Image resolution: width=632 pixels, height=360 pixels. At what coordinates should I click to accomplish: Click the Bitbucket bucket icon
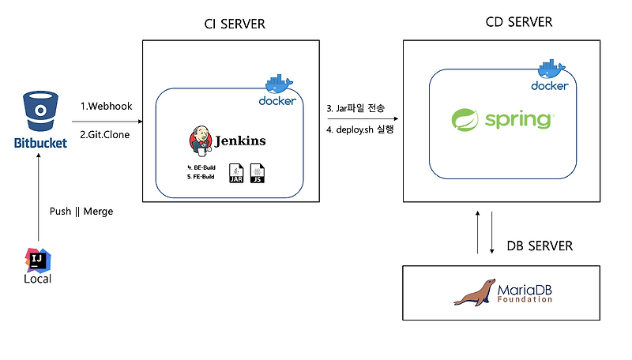pos(39,112)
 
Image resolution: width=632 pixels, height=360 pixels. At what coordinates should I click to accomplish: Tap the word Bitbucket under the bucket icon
pos(39,144)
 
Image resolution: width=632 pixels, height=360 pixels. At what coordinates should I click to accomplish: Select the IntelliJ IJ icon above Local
pos(38,260)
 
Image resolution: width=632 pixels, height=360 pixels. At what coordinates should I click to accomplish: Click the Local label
pos(38,279)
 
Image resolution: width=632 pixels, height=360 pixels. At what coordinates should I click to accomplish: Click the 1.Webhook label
pos(105,107)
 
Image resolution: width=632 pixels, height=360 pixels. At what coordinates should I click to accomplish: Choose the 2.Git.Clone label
pos(105,134)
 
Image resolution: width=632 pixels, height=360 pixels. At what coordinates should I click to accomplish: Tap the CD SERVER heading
pos(518,21)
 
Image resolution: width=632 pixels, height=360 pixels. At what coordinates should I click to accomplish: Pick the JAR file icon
pos(236,173)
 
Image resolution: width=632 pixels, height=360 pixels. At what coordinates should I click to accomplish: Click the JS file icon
pos(258,173)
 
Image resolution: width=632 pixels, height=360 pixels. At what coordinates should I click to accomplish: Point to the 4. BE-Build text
pos(201,167)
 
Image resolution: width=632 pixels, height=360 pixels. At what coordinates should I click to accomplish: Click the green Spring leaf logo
pos(466,120)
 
